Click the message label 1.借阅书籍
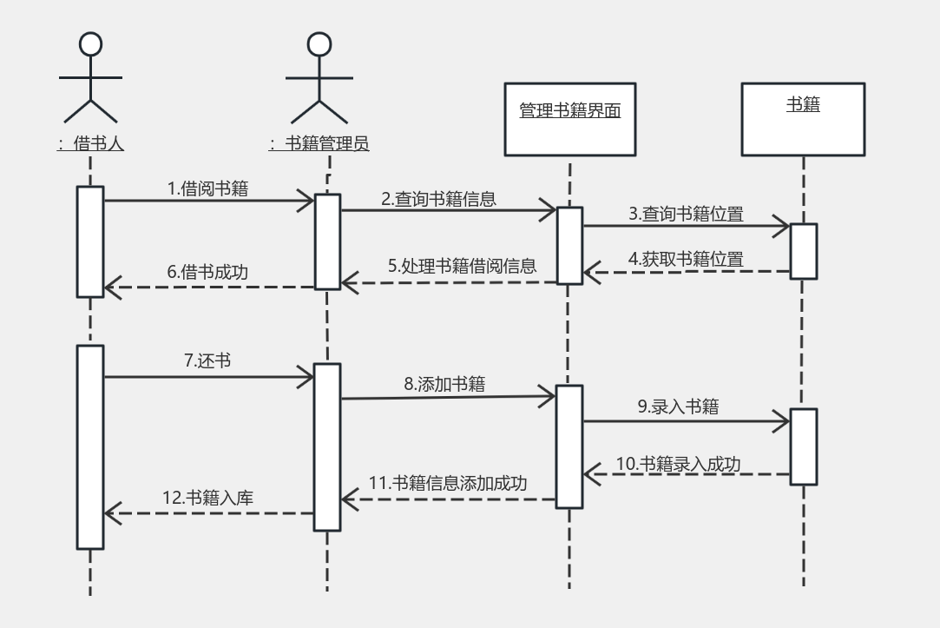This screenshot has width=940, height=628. click(207, 188)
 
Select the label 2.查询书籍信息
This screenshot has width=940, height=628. click(439, 199)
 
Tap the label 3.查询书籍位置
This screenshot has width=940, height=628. click(686, 214)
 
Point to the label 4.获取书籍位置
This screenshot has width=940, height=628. click(686, 259)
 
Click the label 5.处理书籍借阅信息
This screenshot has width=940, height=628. click(463, 266)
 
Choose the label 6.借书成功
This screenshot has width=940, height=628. click(207, 272)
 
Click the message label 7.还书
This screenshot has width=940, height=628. click(207, 360)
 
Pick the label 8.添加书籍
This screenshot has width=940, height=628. click(444, 384)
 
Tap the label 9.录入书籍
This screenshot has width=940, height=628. click(678, 407)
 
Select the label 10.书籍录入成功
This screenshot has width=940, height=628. click(678, 464)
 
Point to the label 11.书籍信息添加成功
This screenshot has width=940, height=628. click(448, 483)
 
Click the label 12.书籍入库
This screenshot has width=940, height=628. click(207, 498)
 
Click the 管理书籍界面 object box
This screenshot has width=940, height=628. click(570, 119)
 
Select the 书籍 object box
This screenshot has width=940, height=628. click(804, 119)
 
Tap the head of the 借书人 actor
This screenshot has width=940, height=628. click(90, 44)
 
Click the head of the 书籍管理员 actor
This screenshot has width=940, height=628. click(319, 44)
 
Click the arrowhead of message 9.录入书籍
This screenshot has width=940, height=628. click(782, 421)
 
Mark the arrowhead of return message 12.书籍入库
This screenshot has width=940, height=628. click(113, 513)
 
